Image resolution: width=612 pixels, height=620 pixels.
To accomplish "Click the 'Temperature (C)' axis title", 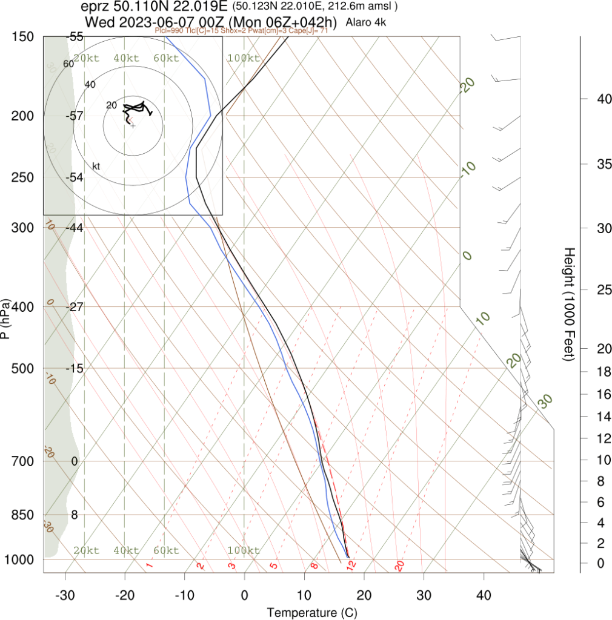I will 312,612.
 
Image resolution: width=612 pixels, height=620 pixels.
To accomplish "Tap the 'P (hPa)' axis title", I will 6,318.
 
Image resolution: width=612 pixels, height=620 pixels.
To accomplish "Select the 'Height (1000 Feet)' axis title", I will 568,304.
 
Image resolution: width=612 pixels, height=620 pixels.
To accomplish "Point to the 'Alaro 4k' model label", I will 366,22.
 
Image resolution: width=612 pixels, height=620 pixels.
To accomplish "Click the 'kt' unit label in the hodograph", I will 96,166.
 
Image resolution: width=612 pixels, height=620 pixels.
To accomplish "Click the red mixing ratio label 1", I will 149,566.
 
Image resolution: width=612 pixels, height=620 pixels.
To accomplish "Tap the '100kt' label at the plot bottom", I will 243,550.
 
